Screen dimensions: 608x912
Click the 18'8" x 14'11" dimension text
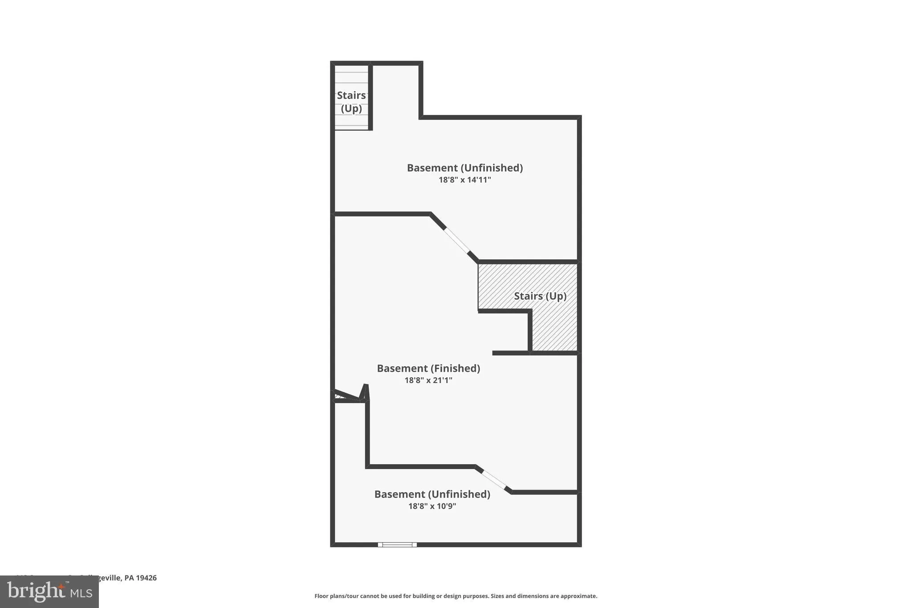pos(464,180)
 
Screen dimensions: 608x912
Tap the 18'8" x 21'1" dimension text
pos(428,380)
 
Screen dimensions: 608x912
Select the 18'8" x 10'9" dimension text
pos(432,506)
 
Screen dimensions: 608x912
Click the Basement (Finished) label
pos(428,368)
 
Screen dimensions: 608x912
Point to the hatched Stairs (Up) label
pos(540,296)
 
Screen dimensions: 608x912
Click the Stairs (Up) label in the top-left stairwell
pos(351,102)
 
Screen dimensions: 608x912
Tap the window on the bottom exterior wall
pos(397,544)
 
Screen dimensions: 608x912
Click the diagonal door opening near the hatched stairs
pos(457,241)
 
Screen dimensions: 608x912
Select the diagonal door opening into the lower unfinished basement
pos(494,480)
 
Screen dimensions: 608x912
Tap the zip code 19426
pos(146,578)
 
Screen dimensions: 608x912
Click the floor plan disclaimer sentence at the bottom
pos(456,596)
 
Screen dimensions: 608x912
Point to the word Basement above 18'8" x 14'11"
pos(432,168)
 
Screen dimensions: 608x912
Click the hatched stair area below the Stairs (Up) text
pos(554,330)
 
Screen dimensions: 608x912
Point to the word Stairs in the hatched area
pos(528,296)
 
